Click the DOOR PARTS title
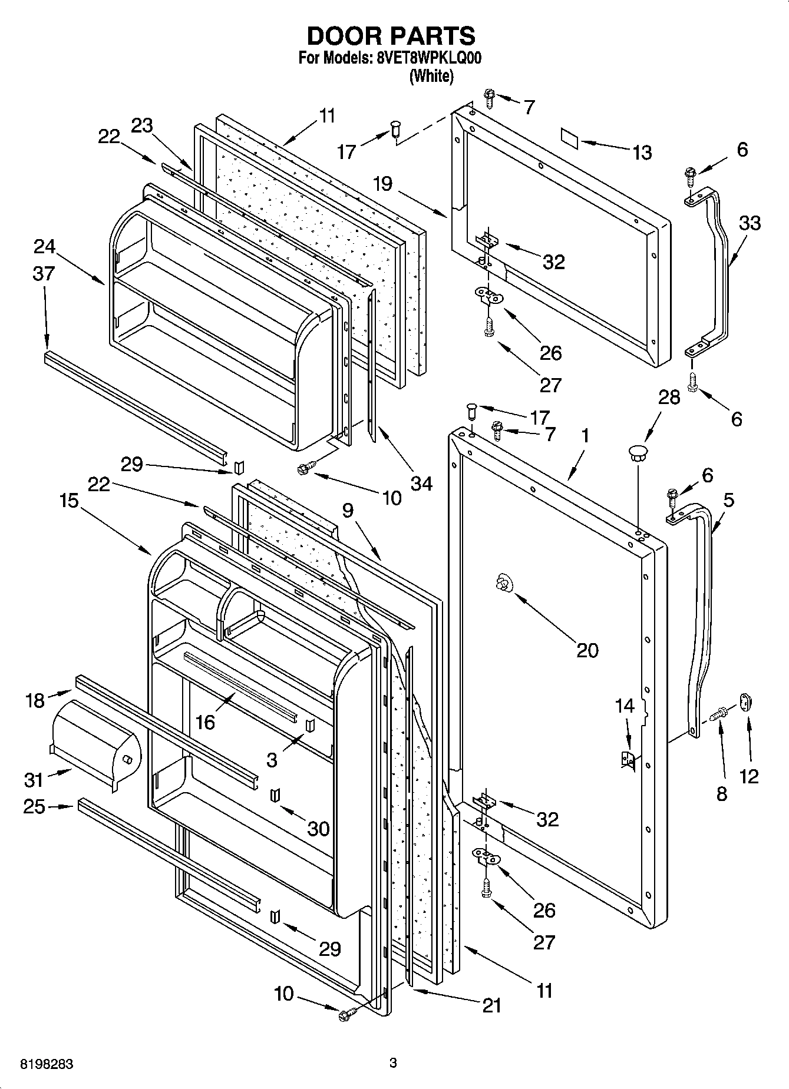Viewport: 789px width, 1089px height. click(391, 37)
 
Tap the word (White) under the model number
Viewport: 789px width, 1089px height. click(431, 76)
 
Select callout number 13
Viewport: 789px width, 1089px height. click(642, 153)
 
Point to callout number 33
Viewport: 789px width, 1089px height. click(749, 223)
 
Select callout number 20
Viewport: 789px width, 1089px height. click(587, 650)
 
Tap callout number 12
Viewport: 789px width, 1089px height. click(749, 777)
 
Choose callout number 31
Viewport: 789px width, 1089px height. click(34, 780)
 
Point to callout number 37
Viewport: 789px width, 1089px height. click(44, 273)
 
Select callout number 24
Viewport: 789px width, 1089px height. click(44, 246)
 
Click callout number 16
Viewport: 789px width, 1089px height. click(205, 721)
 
